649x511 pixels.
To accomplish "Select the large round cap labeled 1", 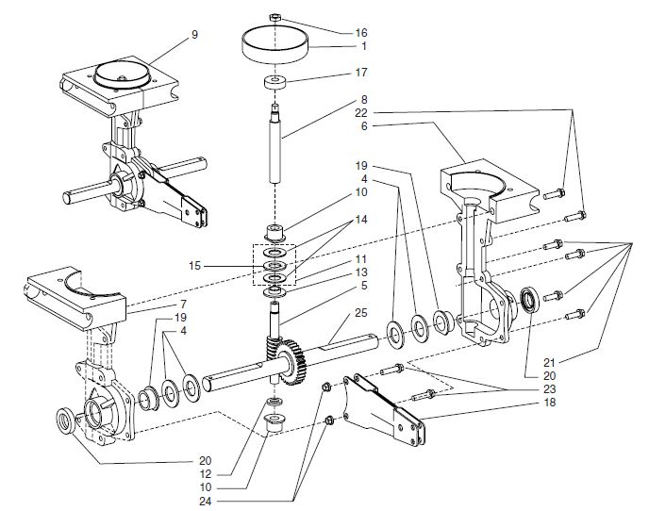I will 275,43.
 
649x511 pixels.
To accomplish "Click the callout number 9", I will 194,35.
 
